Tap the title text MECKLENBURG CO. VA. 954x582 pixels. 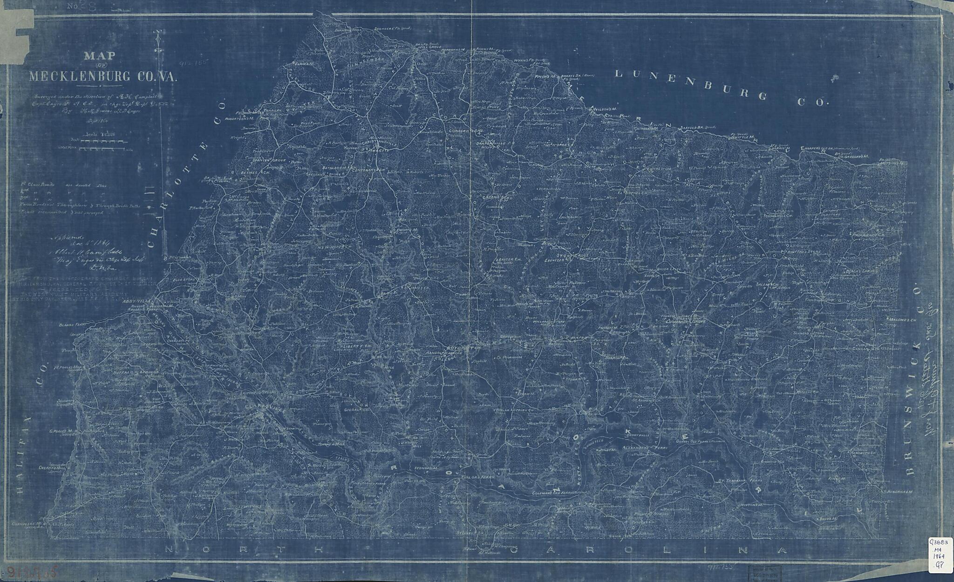coord(102,77)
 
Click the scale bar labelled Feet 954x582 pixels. coord(101,140)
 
